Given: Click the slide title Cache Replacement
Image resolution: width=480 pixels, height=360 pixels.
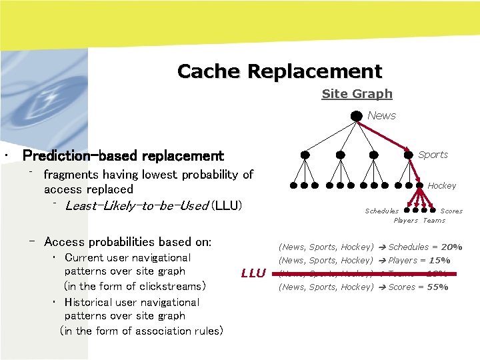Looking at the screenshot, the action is (279, 71).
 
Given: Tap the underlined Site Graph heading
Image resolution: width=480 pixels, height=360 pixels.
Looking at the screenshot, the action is (357, 94).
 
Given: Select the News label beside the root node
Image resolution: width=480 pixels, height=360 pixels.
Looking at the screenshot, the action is (381, 115).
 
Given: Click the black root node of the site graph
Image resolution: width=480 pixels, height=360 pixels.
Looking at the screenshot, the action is (358, 115).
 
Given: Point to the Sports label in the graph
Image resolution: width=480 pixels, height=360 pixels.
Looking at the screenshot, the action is (433, 155).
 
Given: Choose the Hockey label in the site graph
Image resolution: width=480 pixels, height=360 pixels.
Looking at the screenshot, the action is (441, 185).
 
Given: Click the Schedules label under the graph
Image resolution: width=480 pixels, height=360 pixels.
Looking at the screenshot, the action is (381, 211).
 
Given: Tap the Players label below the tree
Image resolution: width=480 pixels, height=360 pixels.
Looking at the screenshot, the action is (405, 220).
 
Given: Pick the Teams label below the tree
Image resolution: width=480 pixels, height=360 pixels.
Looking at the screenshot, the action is (434, 220).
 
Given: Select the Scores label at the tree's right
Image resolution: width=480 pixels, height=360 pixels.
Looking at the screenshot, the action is (451, 211).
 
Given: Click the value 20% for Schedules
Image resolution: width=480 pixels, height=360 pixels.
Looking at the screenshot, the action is (451, 247).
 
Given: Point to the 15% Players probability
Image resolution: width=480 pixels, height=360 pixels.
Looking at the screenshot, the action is (439, 260).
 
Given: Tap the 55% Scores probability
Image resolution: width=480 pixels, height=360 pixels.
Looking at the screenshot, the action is (437, 287).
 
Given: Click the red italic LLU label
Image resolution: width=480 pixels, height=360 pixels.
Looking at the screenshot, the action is (253, 273).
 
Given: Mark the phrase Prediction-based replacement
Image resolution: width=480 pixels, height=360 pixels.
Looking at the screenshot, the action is (123, 156).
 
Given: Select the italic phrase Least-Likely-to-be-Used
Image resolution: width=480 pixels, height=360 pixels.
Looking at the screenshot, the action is (137, 205).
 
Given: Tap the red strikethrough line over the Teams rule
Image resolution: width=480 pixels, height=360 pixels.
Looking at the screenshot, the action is (367, 274).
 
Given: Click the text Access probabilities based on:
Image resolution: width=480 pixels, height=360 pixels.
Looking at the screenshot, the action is (127, 242).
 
